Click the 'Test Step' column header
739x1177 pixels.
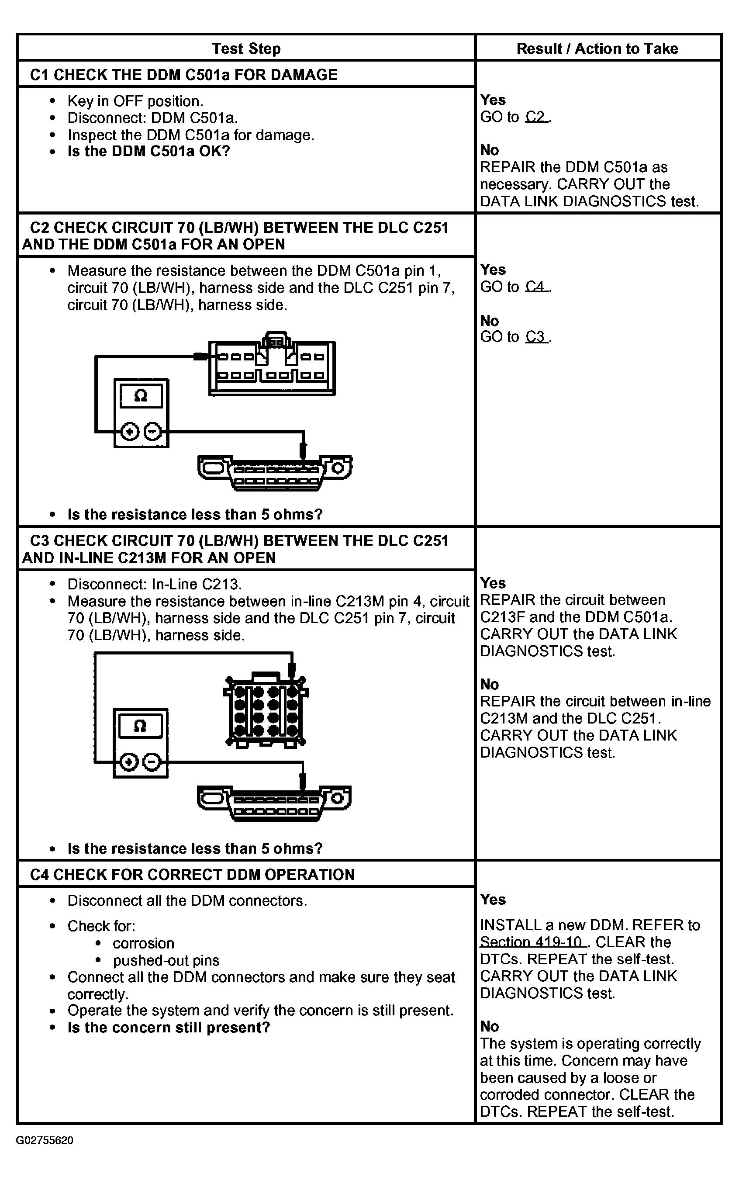coord(246,49)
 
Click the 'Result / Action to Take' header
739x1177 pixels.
coord(597,49)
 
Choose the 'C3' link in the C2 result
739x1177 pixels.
coord(537,337)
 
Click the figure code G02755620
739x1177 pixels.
coord(45,1140)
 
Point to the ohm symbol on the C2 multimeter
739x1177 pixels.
coord(141,395)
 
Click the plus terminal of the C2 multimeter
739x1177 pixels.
coord(130,432)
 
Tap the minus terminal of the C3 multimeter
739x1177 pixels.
coord(152,762)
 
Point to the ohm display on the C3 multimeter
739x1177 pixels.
coord(140,726)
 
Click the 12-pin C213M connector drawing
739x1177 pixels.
coord(266,711)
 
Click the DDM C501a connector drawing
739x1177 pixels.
coord(272,367)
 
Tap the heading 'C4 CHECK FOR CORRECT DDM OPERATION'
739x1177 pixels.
coord(192,874)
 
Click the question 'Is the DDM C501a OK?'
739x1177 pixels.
coord(148,151)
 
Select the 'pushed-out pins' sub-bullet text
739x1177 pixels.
coord(166,960)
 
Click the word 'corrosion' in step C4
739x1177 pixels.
coord(143,943)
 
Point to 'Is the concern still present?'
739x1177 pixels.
coord(169,1028)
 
